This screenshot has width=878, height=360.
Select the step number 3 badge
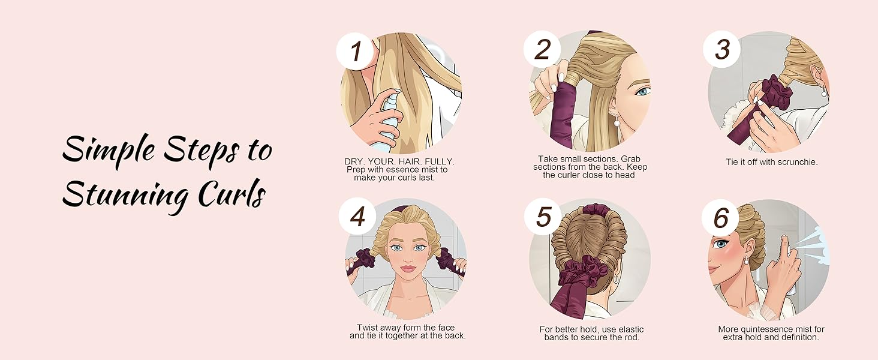coord(723,49)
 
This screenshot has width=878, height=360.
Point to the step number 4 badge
coord(357,216)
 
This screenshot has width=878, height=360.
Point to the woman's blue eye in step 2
coord(642,92)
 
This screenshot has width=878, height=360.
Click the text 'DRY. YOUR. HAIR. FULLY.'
coord(399,162)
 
